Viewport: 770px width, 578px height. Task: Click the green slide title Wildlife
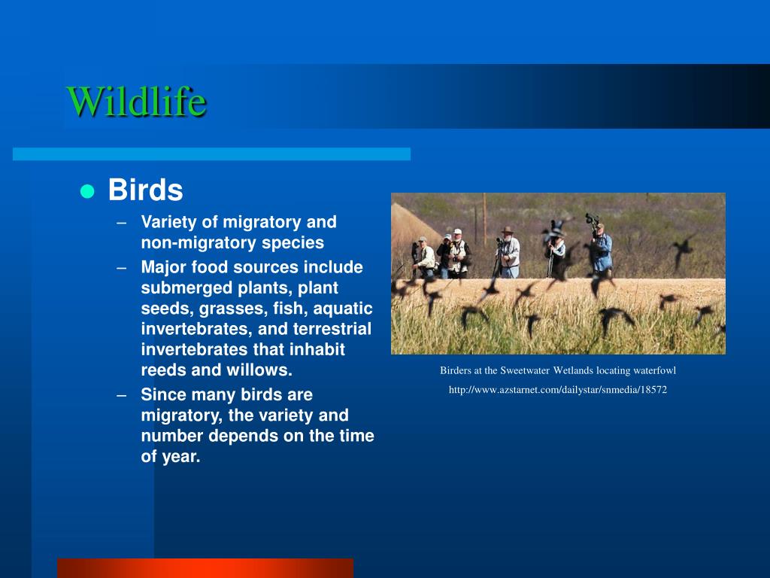tap(137, 102)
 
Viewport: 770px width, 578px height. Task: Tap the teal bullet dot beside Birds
tap(87, 191)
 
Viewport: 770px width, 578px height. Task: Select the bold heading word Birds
tap(145, 190)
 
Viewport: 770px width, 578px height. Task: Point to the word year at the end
tap(181, 457)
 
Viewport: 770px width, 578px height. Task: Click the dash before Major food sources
tap(122, 268)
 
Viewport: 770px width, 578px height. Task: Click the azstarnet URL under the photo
tap(558, 390)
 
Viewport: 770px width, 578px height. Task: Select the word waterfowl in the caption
tap(655, 370)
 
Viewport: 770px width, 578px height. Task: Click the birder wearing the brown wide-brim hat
tap(509, 251)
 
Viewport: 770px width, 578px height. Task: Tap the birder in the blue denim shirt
tap(601, 248)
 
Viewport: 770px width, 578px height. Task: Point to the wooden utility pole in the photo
tap(484, 220)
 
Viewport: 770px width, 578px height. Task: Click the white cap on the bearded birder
tap(458, 231)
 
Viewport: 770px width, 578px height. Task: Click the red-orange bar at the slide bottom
tap(205, 568)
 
